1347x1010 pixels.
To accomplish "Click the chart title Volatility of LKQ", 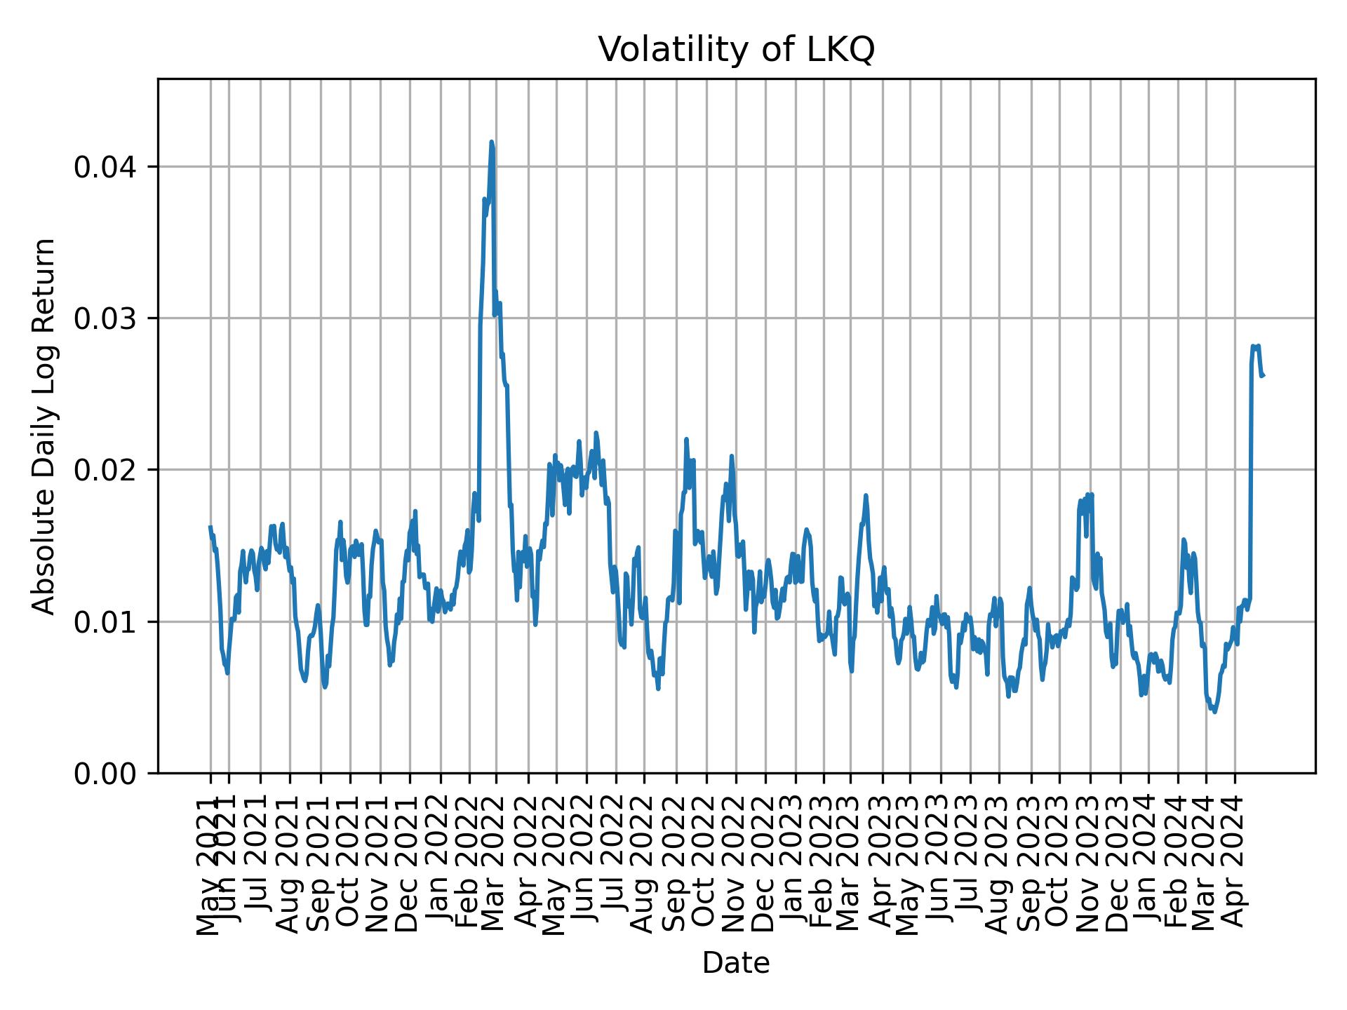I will tap(736, 50).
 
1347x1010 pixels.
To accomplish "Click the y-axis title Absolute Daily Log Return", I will tap(45, 426).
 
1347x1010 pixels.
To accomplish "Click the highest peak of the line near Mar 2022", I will tap(492, 142).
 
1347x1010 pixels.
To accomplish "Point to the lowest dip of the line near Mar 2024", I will tap(1214, 712).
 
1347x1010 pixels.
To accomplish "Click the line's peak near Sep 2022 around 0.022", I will tap(686, 440).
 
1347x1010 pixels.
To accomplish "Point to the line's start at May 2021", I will tap(210, 527).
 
